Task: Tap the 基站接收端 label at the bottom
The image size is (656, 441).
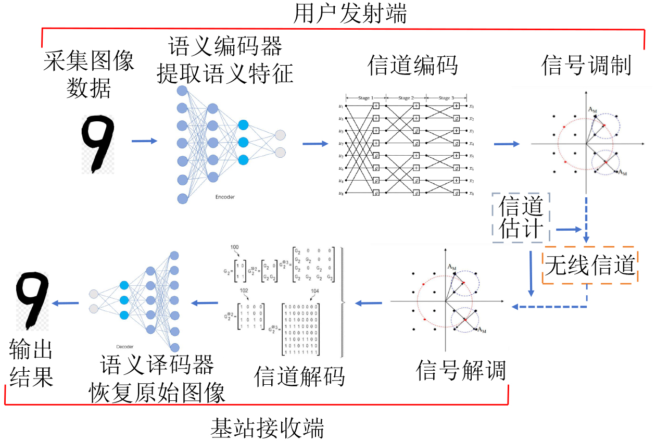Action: (x=267, y=428)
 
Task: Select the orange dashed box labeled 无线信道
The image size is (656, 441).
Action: (x=590, y=265)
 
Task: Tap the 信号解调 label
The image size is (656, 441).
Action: (x=461, y=371)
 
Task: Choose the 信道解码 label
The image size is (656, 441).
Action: (x=299, y=376)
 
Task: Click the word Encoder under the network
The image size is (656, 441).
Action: (x=225, y=197)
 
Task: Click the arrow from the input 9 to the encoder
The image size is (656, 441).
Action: (x=144, y=141)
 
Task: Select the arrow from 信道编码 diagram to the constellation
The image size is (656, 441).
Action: (x=506, y=144)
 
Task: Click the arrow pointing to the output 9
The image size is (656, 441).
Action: (x=66, y=303)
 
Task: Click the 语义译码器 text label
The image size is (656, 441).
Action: (x=157, y=366)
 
